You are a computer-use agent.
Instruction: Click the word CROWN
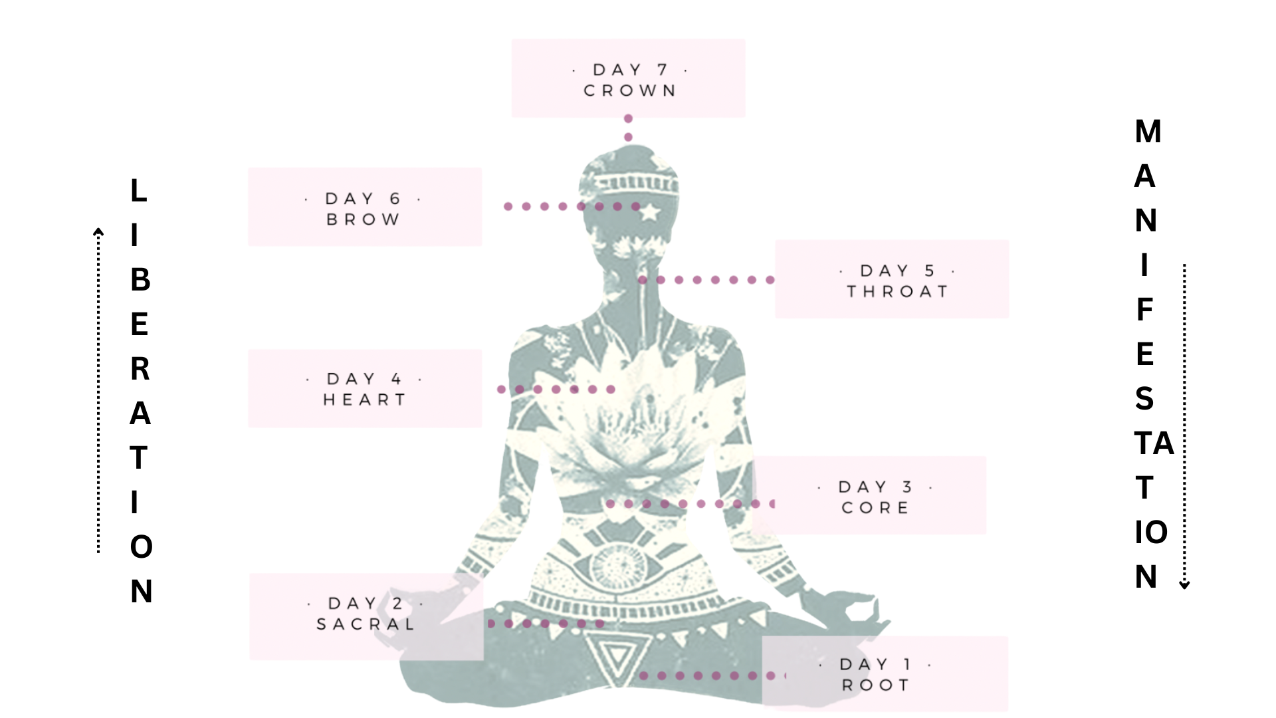tap(629, 90)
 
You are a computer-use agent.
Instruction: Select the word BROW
tap(364, 219)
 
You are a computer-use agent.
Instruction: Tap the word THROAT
tap(897, 291)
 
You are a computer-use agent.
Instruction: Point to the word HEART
tap(365, 400)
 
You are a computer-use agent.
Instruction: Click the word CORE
tap(875, 508)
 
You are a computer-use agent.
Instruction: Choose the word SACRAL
tap(366, 624)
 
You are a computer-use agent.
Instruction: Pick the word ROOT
tap(875, 685)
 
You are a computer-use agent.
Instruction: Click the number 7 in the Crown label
tap(662, 70)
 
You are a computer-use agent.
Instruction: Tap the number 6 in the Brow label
tap(395, 199)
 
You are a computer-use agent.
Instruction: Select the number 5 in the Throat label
tap(929, 271)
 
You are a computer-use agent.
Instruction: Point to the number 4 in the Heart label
tap(396, 379)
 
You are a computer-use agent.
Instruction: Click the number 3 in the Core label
tap(908, 487)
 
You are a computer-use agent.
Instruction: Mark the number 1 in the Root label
tap(908, 664)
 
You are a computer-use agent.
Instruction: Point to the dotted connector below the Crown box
tap(628, 128)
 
